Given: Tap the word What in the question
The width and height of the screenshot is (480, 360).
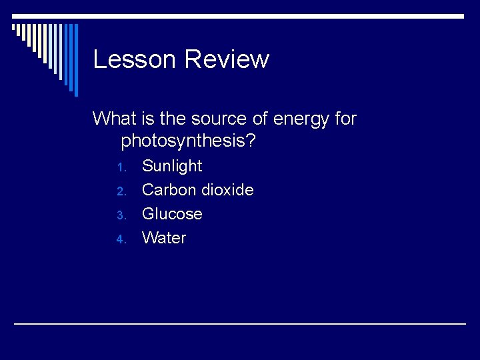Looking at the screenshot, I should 114,119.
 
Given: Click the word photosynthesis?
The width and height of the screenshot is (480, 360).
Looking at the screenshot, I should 189,142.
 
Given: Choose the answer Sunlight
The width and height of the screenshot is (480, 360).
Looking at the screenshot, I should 172,166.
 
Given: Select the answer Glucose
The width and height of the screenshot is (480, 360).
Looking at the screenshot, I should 172,214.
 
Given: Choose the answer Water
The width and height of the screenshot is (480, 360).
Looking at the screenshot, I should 164,238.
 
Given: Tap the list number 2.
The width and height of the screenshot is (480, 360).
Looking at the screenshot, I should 121,191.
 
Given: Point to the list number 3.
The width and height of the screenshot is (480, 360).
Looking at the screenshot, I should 121,215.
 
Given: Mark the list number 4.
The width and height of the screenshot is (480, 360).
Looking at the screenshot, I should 121,239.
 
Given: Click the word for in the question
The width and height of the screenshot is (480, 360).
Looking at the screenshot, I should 345,119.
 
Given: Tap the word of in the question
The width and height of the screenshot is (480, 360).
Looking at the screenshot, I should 260,119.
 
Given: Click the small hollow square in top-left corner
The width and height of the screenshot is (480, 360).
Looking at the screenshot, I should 14,28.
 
